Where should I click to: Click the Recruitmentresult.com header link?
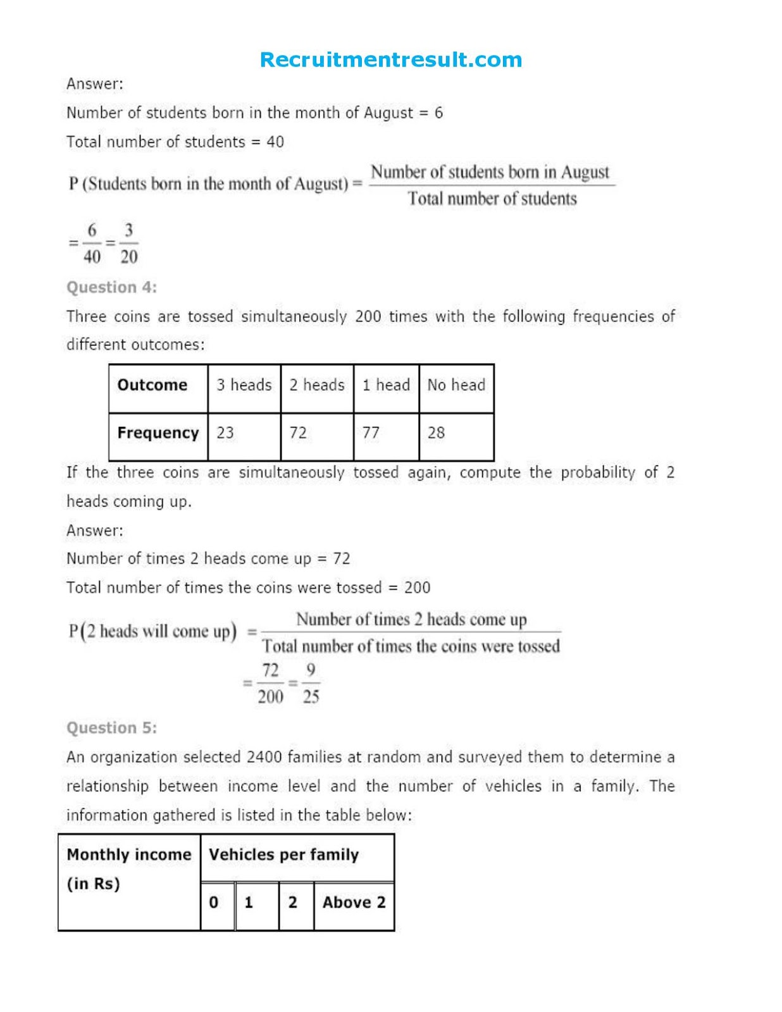click(x=391, y=60)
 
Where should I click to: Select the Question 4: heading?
click(x=111, y=287)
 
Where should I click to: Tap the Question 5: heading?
click(x=111, y=728)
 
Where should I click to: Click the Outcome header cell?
click(x=152, y=385)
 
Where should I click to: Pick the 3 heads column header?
click(x=244, y=385)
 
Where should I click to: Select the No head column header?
click(x=456, y=385)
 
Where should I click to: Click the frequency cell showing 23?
click(x=225, y=433)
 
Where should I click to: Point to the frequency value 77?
click(x=371, y=433)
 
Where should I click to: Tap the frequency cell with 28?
click(x=437, y=433)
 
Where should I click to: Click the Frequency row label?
click(x=158, y=433)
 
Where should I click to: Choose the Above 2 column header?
click(x=354, y=903)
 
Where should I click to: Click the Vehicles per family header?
click(x=283, y=855)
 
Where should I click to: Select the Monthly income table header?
click(x=129, y=868)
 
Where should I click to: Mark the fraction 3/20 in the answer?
click(x=128, y=244)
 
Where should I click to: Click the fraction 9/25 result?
click(x=311, y=684)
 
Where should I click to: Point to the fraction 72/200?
click(x=270, y=684)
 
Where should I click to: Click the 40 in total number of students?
click(x=275, y=142)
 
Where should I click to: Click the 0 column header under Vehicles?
click(x=214, y=903)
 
